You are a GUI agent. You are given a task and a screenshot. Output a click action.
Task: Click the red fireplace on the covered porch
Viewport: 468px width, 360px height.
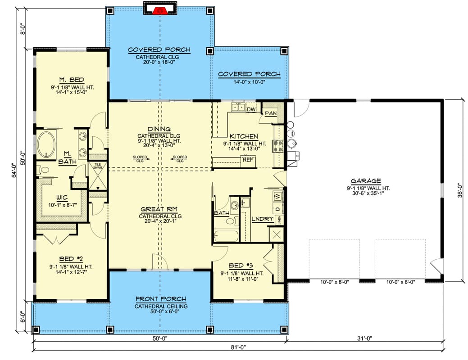pos(159,10)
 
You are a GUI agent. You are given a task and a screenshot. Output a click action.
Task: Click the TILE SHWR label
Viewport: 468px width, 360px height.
pos(98,166)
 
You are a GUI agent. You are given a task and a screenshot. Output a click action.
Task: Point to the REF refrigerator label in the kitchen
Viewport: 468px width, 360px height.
pos(247,159)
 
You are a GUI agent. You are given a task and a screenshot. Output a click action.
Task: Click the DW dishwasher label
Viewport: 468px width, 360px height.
pos(251,108)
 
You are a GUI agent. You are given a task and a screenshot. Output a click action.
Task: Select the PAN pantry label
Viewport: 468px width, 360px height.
pos(270,113)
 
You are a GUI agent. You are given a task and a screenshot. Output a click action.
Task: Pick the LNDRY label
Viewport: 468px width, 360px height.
pos(263,219)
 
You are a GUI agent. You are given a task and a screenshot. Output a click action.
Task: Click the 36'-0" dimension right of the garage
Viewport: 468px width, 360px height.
pos(459,190)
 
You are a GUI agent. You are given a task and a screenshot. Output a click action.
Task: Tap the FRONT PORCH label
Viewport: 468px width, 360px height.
pos(160,299)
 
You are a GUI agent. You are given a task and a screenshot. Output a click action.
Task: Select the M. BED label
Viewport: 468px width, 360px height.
pos(71,80)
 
